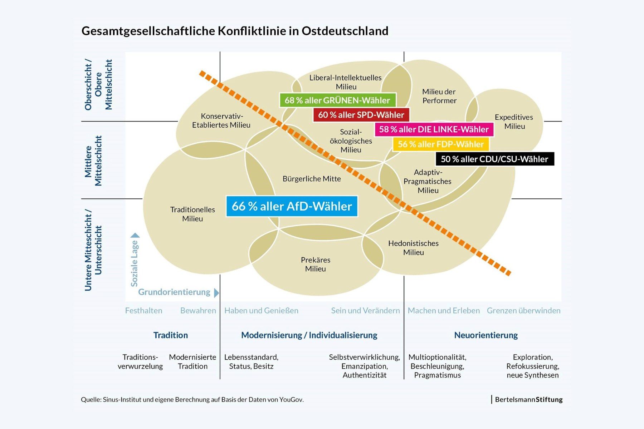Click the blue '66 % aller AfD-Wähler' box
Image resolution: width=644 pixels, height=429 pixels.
point(292,206)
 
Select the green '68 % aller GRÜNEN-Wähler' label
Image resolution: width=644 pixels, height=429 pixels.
point(337,100)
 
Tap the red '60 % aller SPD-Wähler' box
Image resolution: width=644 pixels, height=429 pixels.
point(361,115)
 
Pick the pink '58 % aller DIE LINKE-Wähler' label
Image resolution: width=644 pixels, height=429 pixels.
point(434,129)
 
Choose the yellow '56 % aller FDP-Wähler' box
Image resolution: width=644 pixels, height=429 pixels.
point(441,144)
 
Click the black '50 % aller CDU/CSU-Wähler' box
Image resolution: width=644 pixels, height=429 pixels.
point(494,159)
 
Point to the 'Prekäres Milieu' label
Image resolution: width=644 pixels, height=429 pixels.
point(316,264)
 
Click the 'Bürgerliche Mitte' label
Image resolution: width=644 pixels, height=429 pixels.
point(312,179)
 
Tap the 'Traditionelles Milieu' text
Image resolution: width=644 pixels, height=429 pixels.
point(192,214)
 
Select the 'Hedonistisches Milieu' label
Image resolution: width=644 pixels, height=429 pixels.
point(413,248)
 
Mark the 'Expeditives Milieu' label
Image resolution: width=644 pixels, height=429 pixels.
point(514,122)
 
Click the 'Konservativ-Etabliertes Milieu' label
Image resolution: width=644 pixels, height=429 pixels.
point(221,120)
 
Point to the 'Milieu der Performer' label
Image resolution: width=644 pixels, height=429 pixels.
point(439,96)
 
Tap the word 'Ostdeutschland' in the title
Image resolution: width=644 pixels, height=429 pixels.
point(345,31)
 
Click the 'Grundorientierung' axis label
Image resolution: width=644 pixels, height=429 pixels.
point(174,292)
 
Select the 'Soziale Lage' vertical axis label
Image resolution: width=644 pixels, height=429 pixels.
point(134,263)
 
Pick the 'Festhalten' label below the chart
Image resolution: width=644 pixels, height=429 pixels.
point(143,311)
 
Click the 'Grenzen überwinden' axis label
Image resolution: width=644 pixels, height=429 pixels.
point(523,311)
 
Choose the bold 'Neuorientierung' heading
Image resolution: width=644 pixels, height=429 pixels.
point(486,335)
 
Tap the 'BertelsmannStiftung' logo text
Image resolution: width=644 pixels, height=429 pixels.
point(528,399)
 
